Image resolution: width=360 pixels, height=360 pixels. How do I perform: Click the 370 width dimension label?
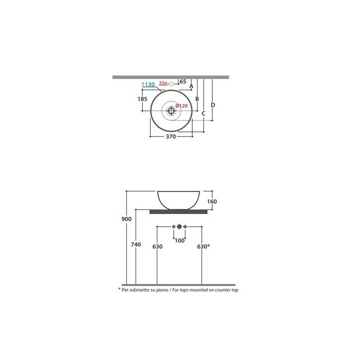(171, 136)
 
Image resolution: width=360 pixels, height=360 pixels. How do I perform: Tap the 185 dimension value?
(142, 99)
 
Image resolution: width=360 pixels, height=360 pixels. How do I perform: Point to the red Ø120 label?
(181, 106)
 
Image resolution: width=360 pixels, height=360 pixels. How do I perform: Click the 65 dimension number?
(183, 81)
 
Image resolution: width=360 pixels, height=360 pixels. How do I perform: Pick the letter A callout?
(191, 86)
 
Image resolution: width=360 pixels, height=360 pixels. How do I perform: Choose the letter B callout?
(197, 99)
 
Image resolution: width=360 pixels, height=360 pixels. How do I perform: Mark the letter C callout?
(203, 113)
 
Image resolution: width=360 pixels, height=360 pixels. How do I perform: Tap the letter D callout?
(213, 105)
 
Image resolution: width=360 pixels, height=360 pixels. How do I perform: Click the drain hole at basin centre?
(171, 111)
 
